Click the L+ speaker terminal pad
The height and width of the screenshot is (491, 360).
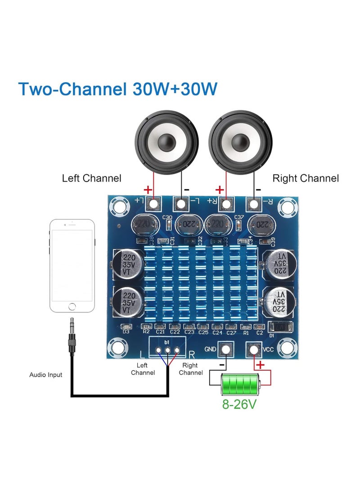(x=154, y=204)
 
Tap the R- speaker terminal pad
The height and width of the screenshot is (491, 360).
(x=253, y=204)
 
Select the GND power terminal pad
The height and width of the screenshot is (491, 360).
(x=225, y=349)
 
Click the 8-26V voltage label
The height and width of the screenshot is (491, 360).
(x=239, y=404)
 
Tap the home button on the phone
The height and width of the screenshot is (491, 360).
(x=72, y=306)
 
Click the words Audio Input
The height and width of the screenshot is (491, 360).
(x=46, y=374)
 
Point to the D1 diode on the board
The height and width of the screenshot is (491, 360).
(x=280, y=327)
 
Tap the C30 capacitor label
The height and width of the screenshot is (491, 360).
(x=167, y=217)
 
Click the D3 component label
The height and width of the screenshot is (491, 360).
(x=126, y=332)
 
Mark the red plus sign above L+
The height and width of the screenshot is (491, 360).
(x=148, y=189)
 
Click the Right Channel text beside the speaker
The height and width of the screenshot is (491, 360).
(x=306, y=178)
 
